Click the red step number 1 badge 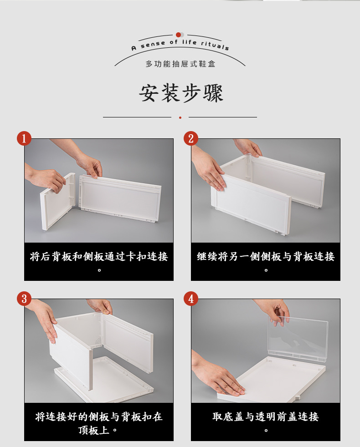24,138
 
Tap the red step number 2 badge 190,138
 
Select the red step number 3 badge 24,299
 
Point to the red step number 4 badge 190,299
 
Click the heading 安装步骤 181,93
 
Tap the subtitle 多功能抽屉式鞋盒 180,64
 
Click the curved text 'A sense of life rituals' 180,45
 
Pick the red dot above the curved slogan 179,35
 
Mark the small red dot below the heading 180,117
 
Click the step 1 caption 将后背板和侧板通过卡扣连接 99,257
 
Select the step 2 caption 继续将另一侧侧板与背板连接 266,257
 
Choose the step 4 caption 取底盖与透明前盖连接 266,417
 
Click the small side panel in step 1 57,201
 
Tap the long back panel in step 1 120,199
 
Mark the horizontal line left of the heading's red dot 137,117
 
